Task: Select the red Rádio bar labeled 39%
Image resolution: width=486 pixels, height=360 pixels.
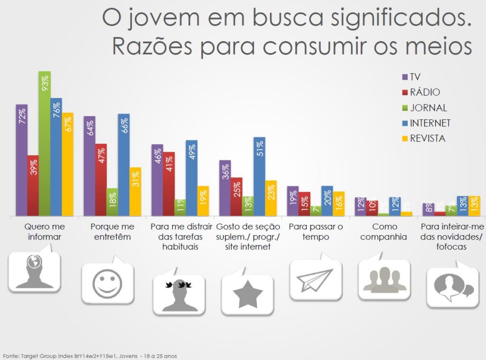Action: (33, 185)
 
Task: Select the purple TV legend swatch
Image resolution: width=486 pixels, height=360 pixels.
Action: (405, 77)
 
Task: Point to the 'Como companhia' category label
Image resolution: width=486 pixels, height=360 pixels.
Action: (383, 231)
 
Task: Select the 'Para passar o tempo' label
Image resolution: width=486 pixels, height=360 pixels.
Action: (315, 231)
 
